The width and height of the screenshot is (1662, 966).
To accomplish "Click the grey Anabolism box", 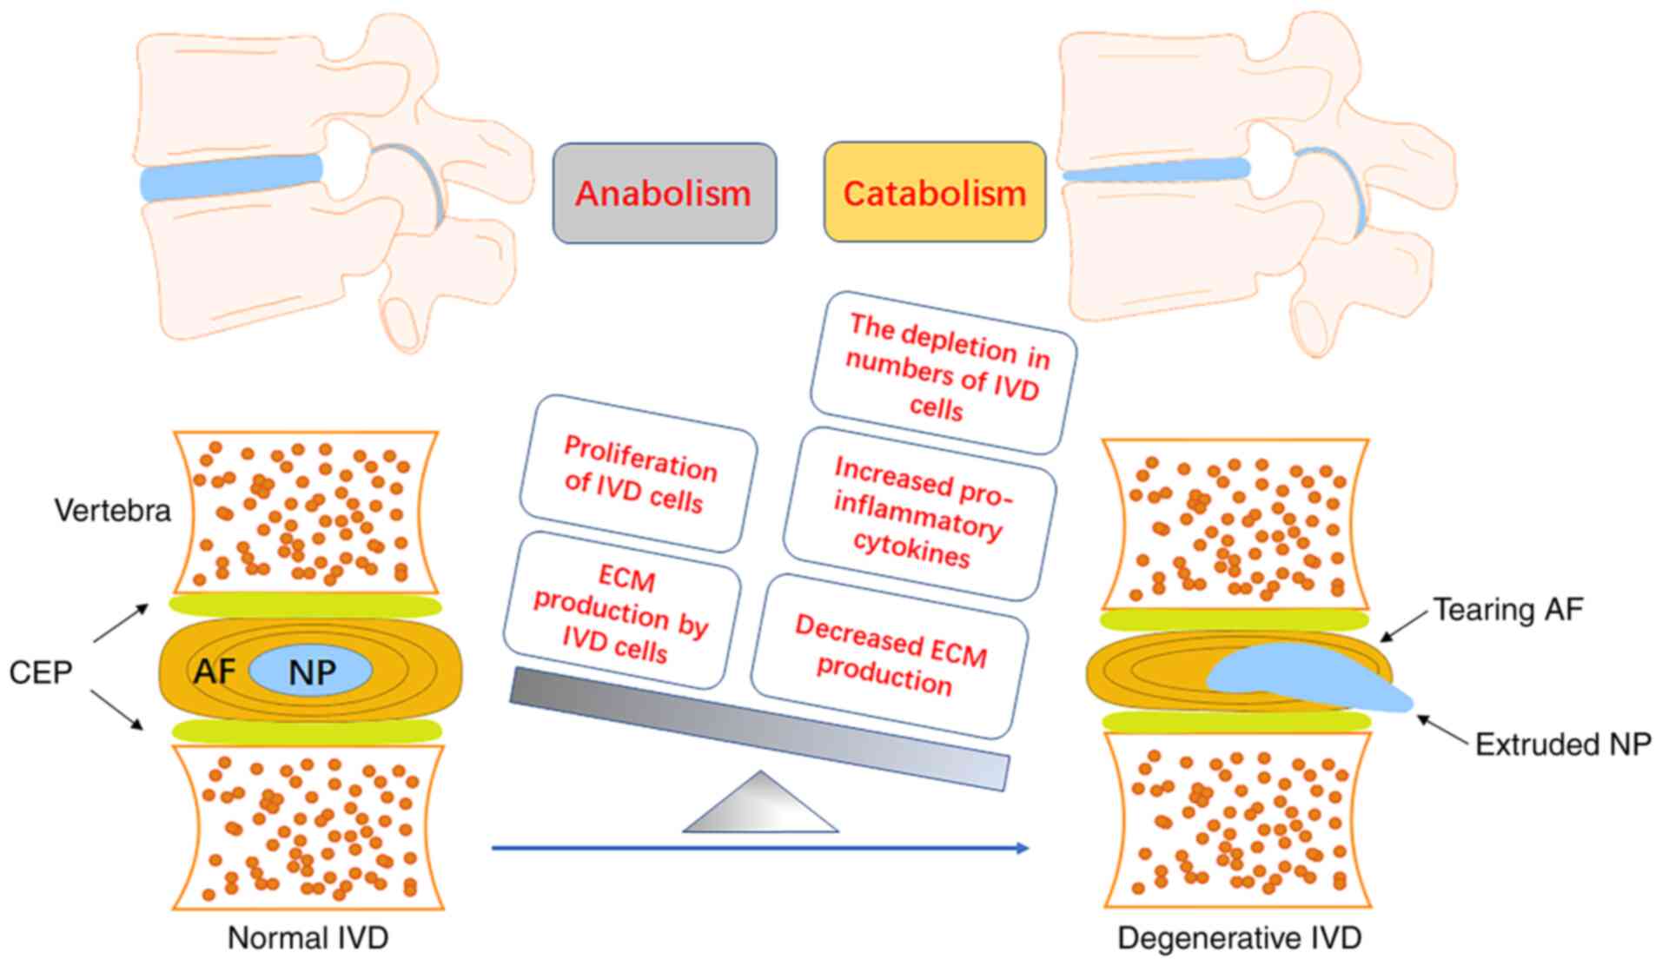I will point(664,193).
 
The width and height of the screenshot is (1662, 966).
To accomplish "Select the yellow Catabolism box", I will point(934,193).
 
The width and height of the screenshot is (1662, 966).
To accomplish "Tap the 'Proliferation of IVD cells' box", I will point(639,473).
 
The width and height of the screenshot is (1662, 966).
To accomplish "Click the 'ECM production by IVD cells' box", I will point(620,612).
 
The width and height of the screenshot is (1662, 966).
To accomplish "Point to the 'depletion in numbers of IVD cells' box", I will point(944,372).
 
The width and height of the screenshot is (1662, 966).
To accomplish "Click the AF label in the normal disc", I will point(214,670).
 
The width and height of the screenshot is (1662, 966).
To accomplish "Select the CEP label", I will point(40,672).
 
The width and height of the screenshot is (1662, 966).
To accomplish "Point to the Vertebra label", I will point(113,510).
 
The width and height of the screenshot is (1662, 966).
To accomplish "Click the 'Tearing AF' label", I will point(1507,609).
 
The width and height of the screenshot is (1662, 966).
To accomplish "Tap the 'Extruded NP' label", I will point(1563,744).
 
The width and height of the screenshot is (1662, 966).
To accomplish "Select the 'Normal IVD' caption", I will point(308,937).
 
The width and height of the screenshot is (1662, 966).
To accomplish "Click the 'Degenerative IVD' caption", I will point(1239,937).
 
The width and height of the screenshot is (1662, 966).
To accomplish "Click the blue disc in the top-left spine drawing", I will point(230,179).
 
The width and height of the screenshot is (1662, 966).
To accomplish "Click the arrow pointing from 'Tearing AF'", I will point(1402,626).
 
